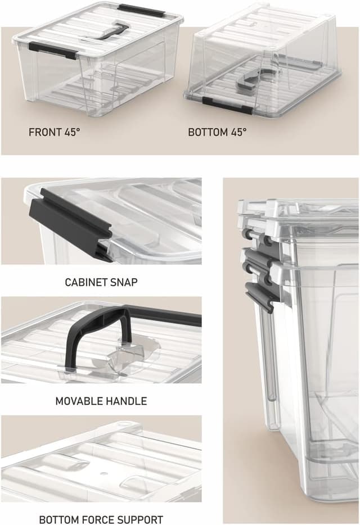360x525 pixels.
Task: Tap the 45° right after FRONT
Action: pos(71,133)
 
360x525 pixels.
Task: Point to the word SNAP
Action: pos(123,282)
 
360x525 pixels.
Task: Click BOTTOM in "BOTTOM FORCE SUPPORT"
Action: pos(57,519)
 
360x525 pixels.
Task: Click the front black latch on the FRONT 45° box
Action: pos(53,50)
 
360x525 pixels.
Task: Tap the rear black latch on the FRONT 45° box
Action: pos(140,10)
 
